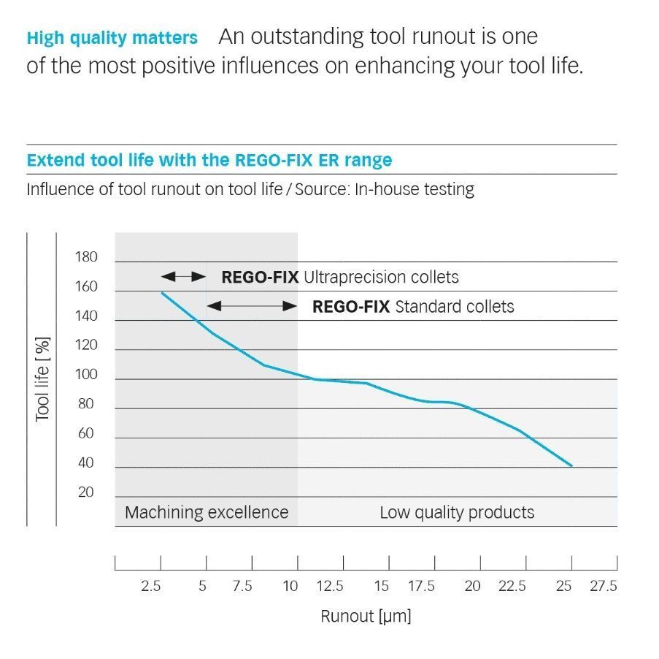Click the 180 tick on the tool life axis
[x=85, y=257]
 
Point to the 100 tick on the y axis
[x=85, y=376]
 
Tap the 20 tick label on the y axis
[x=85, y=492]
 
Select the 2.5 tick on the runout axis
[x=151, y=586]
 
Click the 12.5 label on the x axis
[x=330, y=586]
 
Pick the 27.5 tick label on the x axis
[x=604, y=586]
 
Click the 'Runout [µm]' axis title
[x=366, y=616]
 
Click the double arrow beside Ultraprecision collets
[x=184, y=277]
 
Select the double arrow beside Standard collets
[x=252, y=306]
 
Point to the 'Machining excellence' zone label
[x=207, y=512]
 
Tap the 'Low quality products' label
[x=457, y=512]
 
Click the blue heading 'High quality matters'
[x=112, y=37]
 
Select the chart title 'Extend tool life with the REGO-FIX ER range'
[x=209, y=160]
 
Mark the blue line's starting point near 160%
[x=161, y=292]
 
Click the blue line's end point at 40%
[x=572, y=466]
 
